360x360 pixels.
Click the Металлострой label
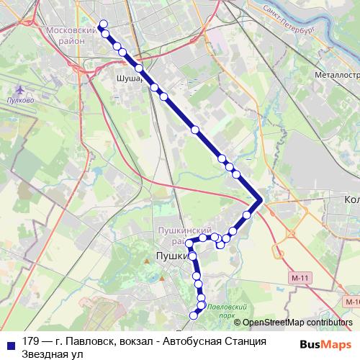coord(336,74)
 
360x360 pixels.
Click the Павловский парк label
coord(221,312)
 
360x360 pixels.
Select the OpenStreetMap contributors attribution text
coord(297,323)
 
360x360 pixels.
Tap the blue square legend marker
coord(10,342)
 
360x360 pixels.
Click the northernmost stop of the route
coord(103,24)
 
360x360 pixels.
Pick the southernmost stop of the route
coord(193,315)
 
